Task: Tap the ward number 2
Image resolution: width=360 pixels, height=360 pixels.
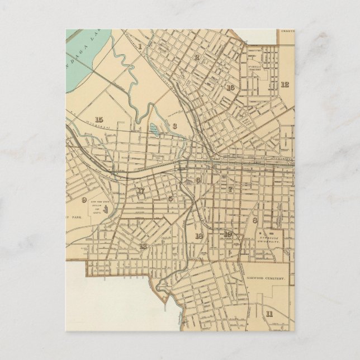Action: (x=197, y=58)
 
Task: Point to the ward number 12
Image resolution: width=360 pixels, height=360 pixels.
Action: (x=285, y=84)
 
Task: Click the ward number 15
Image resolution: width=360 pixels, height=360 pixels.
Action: (x=99, y=119)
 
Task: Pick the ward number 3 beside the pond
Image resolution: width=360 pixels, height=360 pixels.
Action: (x=174, y=126)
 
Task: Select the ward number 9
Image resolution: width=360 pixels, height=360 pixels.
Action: (x=84, y=200)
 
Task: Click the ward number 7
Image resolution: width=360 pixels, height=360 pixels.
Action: (x=230, y=190)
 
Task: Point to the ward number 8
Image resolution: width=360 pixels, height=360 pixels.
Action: (x=255, y=220)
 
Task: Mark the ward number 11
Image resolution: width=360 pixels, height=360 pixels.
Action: (x=269, y=314)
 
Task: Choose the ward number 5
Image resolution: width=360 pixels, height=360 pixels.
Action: (x=170, y=198)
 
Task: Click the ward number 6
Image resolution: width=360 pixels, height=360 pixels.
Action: (x=198, y=180)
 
